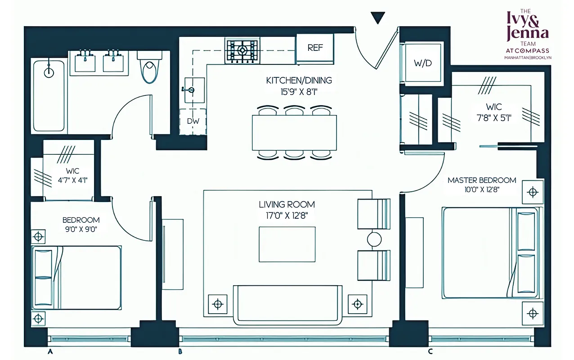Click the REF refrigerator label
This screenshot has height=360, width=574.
pyautogui.click(x=315, y=48)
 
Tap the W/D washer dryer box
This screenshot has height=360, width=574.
pyautogui.click(x=422, y=63)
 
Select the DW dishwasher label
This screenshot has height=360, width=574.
pyautogui.click(x=193, y=121)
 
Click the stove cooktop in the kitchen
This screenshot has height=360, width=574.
pyautogui.click(x=242, y=50)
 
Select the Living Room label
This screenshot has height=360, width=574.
pyautogui.click(x=287, y=205)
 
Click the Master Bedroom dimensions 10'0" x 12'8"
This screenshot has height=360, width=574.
pyautogui.click(x=481, y=189)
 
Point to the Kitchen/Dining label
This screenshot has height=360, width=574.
pyautogui.click(x=299, y=81)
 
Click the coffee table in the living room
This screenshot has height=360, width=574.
pyautogui.click(x=287, y=244)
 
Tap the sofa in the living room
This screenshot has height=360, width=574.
pyautogui.click(x=287, y=304)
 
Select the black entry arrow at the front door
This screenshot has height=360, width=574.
pyautogui.click(x=378, y=18)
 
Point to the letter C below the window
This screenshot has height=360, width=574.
pyautogui.click(x=430, y=351)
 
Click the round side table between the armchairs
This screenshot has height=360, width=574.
pyautogui.click(x=374, y=239)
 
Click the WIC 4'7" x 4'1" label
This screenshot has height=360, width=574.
pyautogui.click(x=72, y=176)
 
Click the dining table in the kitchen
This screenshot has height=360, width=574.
pyautogui.click(x=294, y=133)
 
